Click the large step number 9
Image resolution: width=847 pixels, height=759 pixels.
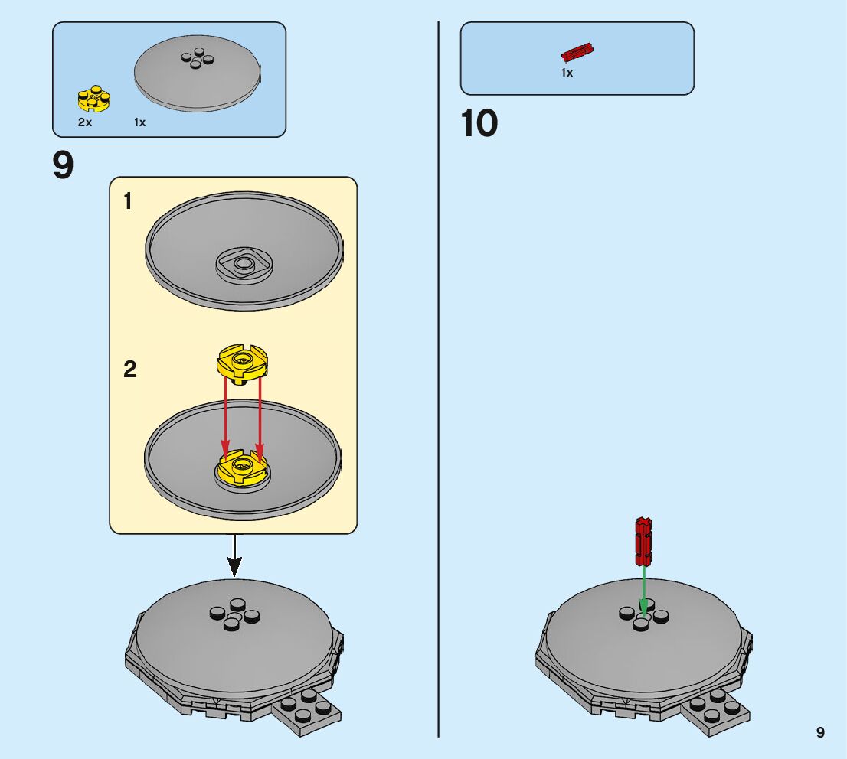click(64, 166)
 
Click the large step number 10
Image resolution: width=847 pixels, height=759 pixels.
click(479, 124)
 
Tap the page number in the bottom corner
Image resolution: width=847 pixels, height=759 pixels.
click(820, 732)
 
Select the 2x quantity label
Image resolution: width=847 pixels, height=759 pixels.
click(84, 122)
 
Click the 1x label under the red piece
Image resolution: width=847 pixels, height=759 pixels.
click(567, 73)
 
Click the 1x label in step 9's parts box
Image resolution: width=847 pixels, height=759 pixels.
click(139, 122)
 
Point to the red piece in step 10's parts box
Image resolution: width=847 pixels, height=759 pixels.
click(577, 53)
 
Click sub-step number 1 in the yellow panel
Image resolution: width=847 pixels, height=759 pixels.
click(128, 202)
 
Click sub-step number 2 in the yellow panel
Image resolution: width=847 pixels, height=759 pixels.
click(129, 370)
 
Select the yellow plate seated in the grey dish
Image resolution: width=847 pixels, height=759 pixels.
click(243, 469)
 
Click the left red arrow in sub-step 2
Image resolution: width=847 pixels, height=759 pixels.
click(225, 416)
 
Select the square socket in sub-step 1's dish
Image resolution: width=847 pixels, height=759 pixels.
click(244, 265)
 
